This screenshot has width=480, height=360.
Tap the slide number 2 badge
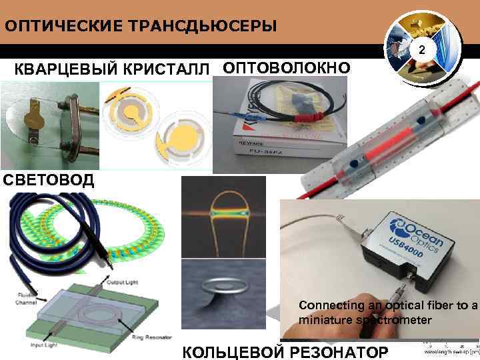point(421,51)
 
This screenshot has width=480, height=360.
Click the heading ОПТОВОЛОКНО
point(286,67)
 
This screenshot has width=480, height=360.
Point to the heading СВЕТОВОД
point(47,180)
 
